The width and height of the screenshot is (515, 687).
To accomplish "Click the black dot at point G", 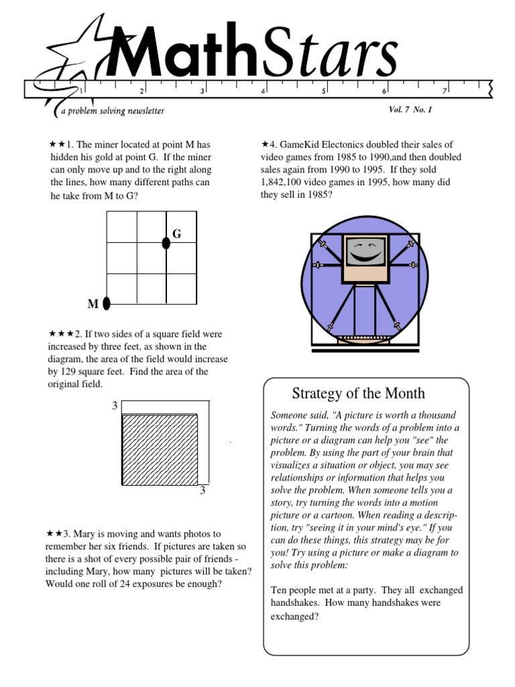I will click(166, 243).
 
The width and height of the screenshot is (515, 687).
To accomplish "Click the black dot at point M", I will click(107, 304).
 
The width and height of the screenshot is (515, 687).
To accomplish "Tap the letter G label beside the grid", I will click(177, 233).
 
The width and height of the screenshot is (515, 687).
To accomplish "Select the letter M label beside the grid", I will click(93, 305).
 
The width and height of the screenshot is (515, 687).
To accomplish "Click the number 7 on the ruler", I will click(444, 91).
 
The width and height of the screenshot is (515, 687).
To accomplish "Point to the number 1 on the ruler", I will click(81, 91).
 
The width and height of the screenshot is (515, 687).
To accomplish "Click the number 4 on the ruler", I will click(263, 91).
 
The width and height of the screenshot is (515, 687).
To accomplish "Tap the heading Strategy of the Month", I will click(359, 393).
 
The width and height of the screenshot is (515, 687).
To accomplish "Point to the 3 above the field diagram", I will click(114, 406).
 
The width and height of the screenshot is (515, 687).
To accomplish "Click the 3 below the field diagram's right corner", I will click(202, 492).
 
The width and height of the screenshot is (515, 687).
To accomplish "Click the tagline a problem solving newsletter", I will click(112, 111).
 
